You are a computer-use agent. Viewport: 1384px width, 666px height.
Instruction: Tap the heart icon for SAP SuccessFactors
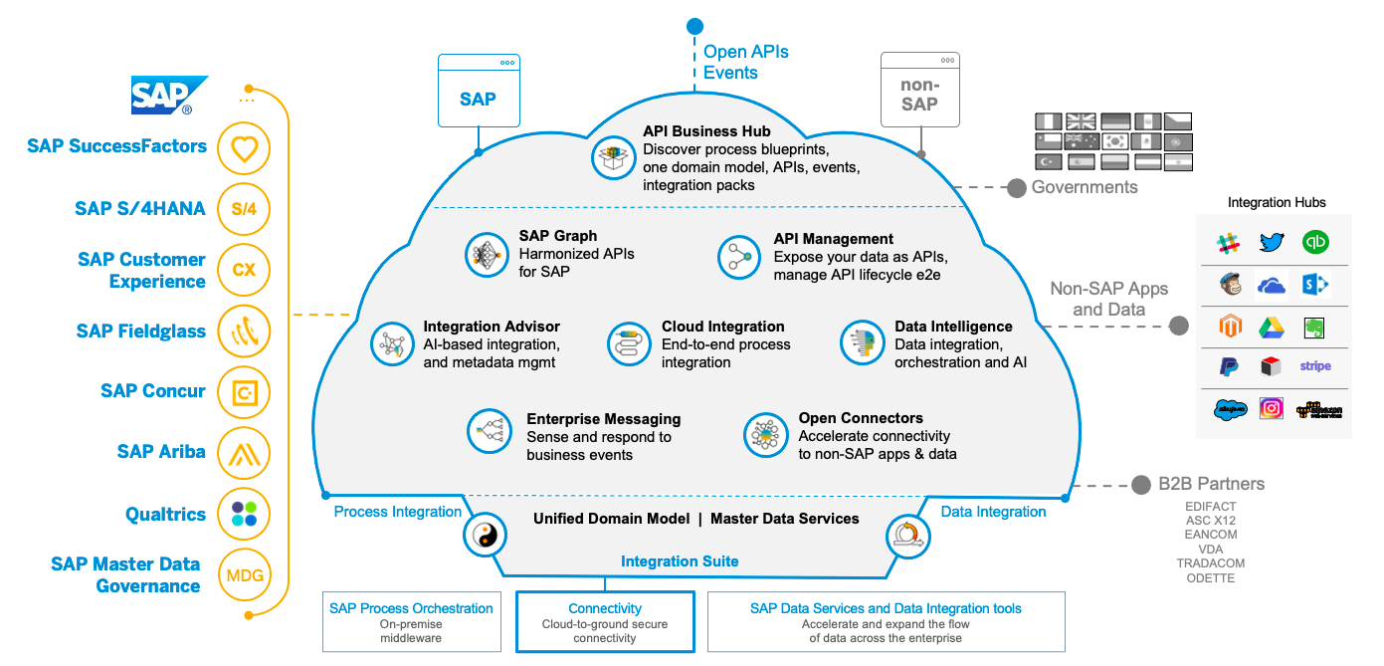244,148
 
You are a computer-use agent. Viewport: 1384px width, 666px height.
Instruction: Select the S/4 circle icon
244,209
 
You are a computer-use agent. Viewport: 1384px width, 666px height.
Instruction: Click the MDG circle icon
244,575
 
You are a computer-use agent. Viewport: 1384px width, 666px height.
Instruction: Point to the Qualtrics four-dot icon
244,514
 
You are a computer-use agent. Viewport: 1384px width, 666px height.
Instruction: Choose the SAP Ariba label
161,452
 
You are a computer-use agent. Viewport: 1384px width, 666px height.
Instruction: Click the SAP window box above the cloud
479,91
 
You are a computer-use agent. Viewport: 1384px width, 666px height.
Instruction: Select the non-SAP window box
920,91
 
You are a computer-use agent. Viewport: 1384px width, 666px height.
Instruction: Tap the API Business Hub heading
706,131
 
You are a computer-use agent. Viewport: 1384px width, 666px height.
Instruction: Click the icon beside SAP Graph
488,255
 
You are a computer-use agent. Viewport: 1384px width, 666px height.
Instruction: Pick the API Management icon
739,257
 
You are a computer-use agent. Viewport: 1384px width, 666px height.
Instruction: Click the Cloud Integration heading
722,327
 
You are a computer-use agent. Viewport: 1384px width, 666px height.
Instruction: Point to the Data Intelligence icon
862,343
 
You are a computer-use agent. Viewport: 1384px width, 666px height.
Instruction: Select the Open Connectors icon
765,435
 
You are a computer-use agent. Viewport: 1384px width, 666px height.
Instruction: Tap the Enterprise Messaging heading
603,419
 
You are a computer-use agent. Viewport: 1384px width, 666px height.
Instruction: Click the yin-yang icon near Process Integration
484,536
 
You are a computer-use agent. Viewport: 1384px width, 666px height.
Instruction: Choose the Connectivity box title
605,608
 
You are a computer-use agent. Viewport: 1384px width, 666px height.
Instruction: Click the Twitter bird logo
1272,242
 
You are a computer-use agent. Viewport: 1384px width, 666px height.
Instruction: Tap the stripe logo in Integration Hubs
1314,366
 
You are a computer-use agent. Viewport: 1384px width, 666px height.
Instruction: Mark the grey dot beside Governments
1016,187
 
